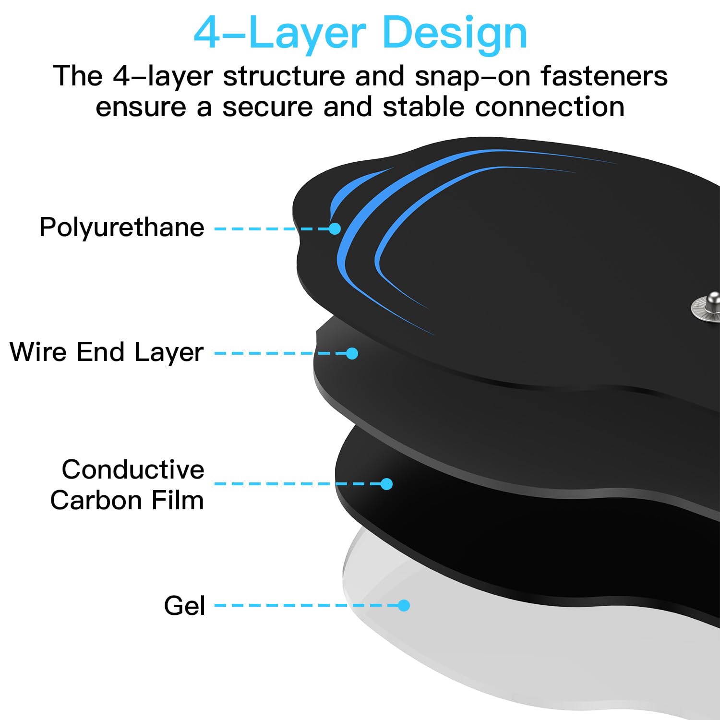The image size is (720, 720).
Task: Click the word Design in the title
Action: pos(455,34)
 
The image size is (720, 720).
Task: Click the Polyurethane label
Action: pos(122,228)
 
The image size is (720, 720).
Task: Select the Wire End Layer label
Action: pos(107,352)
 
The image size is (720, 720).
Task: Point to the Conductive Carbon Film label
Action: pos(127,485)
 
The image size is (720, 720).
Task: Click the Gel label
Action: pos(184,605)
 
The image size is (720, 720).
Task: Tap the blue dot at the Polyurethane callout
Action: pos(335,228)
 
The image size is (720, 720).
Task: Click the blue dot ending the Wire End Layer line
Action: pos(352,353)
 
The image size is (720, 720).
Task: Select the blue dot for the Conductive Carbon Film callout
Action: pos(386,484)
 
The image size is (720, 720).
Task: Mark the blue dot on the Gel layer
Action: pos(404,605)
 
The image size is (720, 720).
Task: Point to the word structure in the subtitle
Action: pos(284,76)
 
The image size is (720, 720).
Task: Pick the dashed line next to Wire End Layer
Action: pos(280,353)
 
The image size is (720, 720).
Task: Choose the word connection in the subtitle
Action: pos(550,107)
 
